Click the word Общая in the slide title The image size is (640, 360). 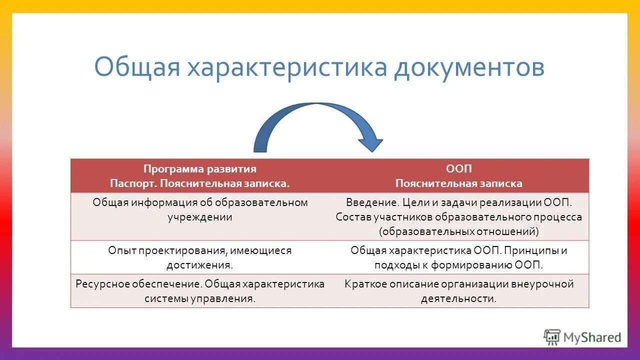coord(136,68)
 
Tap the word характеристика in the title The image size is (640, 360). coord(287,68)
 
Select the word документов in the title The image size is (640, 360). coord(468,68)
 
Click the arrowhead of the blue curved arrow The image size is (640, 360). coord(370,142)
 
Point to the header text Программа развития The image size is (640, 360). coord(200,169)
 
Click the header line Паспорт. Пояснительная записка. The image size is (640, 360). coord(200,183)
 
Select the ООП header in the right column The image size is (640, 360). coord(458,169)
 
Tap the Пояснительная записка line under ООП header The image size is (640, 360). coord(458,183)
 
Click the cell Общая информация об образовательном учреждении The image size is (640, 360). coord(200,210)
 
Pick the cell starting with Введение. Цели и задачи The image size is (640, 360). coord(458,216)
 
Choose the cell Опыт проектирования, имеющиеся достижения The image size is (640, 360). coord(200,257)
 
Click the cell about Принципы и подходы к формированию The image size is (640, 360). coord(458,257)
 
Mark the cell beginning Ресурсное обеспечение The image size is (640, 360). coord(200,291)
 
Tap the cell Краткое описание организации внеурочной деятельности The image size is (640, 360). coord(458,291)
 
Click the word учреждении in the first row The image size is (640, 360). coord(200,217)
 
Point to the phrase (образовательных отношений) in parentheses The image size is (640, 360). coord(458,231)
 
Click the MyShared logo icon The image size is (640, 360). coord(551,337)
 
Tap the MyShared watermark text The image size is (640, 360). coord(592,337)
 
